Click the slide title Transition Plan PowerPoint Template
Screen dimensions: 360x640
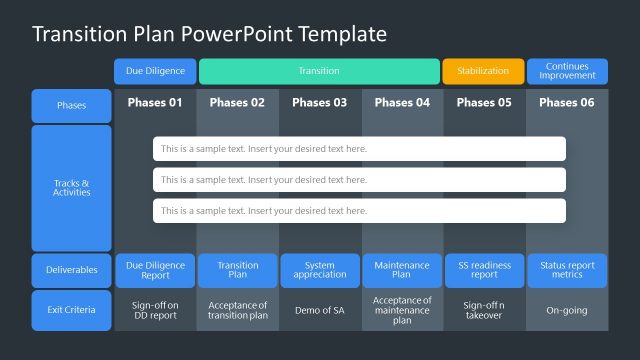[x=209, y=34]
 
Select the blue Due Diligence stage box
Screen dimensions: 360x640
[x=155, y=71]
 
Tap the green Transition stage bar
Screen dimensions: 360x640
[x=319, y=71]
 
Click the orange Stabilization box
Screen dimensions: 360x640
[x=483, y=71]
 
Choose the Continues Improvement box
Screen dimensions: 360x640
[x=567, y=71]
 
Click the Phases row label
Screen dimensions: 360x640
[x=71, y=105]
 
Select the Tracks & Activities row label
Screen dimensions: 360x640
[x=71, y=188]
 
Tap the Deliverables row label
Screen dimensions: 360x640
[x=71, y=270]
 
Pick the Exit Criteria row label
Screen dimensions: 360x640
[x=71, y=310]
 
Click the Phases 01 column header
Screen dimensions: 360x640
[x=155, y=102]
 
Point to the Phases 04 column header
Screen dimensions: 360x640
[x=402, y=102]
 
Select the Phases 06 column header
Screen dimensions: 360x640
[x=567, y=102]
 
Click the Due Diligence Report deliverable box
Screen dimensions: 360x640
[x=155, y=270]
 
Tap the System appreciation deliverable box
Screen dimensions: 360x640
[x=320, y=270]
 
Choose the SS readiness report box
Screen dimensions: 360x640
[x=484, y=270]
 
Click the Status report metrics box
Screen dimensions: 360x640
[x=567, y=270]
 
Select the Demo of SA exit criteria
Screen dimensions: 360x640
[x=320, y=310]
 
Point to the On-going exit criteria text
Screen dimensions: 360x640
[x=567, y=310]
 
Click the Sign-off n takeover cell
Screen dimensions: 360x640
[x=484, y=310]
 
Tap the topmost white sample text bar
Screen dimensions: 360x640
[x=359, y=149]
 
